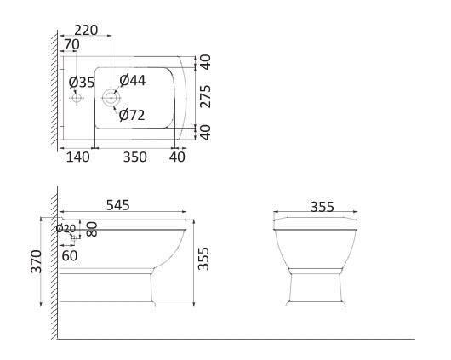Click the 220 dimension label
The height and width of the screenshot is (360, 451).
point(86,31)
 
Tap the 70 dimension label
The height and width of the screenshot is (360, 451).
point(71,44)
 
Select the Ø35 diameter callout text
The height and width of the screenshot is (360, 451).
point(82,83)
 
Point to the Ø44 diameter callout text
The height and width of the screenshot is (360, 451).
point(132,80)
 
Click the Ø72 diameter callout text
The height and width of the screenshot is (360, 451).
point(132,115)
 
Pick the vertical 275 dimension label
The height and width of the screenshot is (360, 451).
point(205,96)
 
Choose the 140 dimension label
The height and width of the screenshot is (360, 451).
point(77,157)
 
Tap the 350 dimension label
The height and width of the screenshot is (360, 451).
point(135,157)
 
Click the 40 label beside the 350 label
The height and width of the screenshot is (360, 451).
point(177,157)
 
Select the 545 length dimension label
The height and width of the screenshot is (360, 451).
point(118,205)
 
